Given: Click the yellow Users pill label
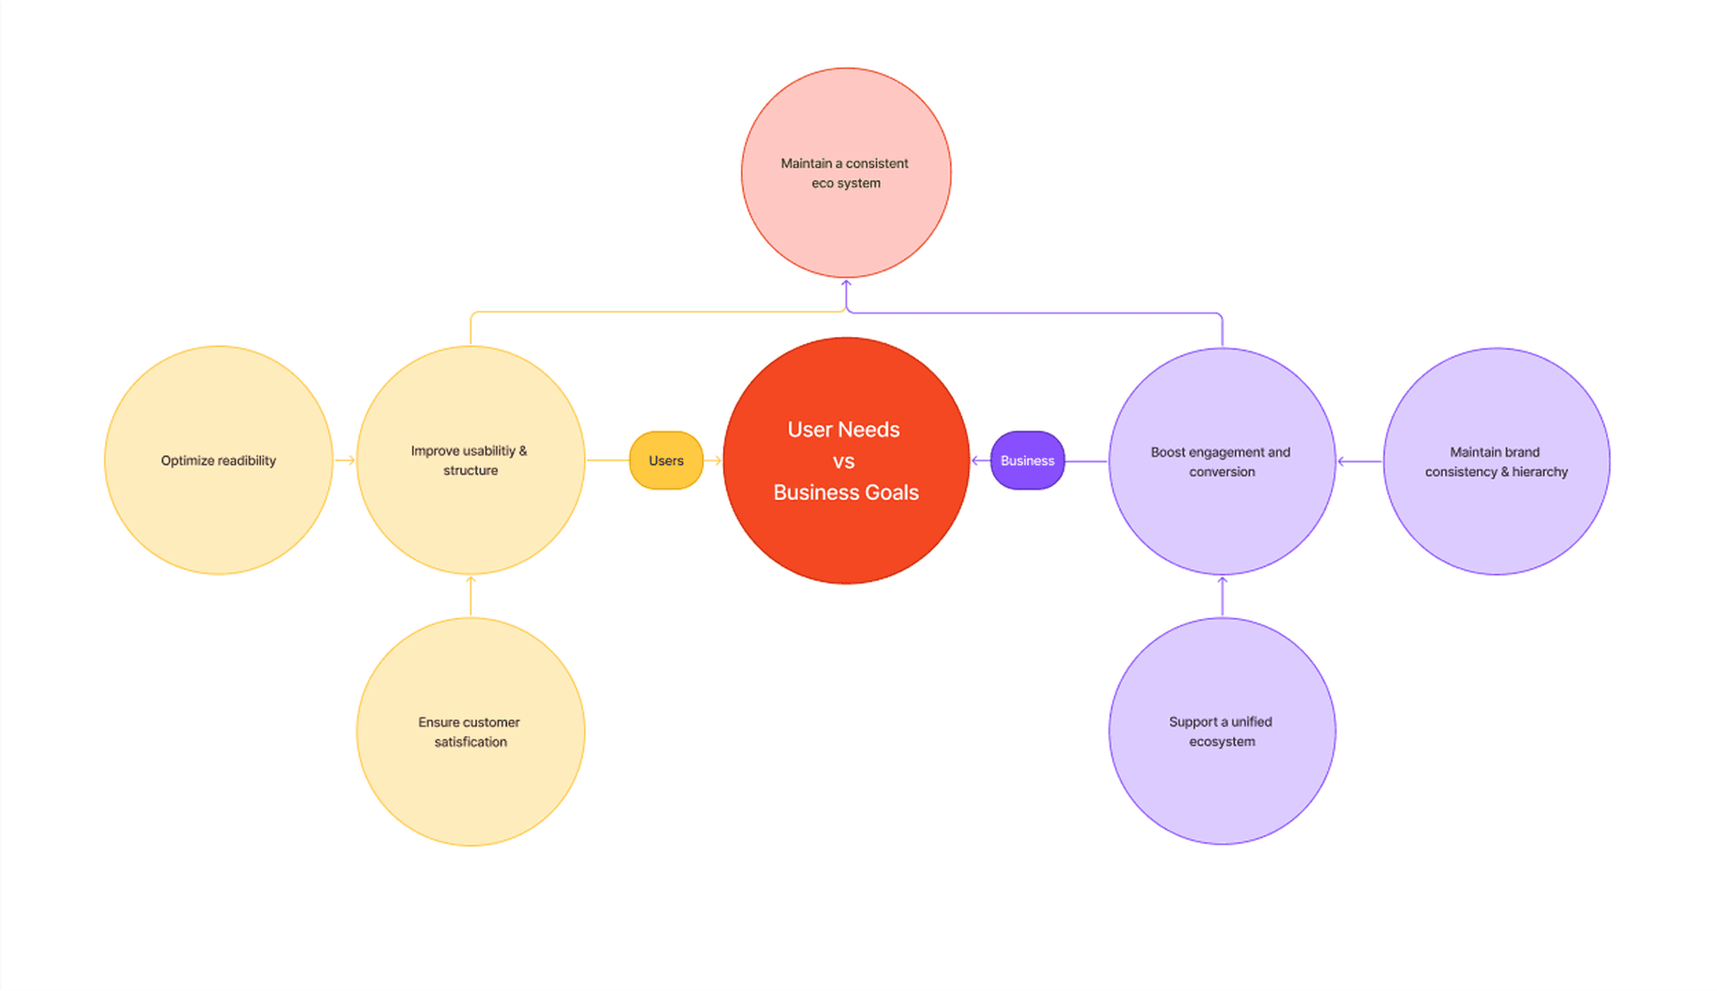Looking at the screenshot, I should point(666,461).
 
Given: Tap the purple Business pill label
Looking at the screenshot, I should point(1027,461).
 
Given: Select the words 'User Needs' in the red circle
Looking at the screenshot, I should point(843,429).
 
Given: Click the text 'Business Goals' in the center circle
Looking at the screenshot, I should point(846,492).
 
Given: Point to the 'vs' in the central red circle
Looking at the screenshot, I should point(844,461).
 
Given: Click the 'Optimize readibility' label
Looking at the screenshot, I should point(218,461).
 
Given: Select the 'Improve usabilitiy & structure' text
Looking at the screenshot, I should point(470,461).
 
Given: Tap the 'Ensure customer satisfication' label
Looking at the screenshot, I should point(470,732).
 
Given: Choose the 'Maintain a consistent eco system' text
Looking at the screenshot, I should point(845,173).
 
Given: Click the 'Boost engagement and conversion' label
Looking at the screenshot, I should point(1221,462).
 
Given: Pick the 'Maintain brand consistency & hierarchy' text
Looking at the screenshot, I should point(1496,462).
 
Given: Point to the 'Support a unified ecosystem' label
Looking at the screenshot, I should point(1221,732).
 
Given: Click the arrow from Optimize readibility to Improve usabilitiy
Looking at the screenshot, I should point(345,460).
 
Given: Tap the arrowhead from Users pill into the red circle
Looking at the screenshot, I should point(716,461).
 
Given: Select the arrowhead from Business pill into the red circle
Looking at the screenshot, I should point(976,461).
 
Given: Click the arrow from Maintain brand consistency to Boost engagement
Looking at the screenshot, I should point(1358,461).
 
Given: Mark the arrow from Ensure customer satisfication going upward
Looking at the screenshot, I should point(471,595).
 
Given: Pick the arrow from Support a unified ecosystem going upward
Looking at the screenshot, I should point(1222,595).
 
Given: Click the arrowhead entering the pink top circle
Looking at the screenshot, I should point(846,285).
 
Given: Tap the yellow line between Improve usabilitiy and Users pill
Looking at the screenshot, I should point(607,460).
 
